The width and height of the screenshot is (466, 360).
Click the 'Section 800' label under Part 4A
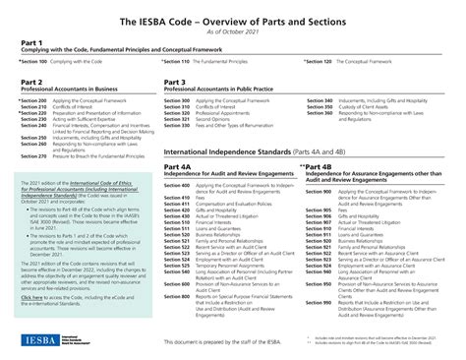coord(176,296)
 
